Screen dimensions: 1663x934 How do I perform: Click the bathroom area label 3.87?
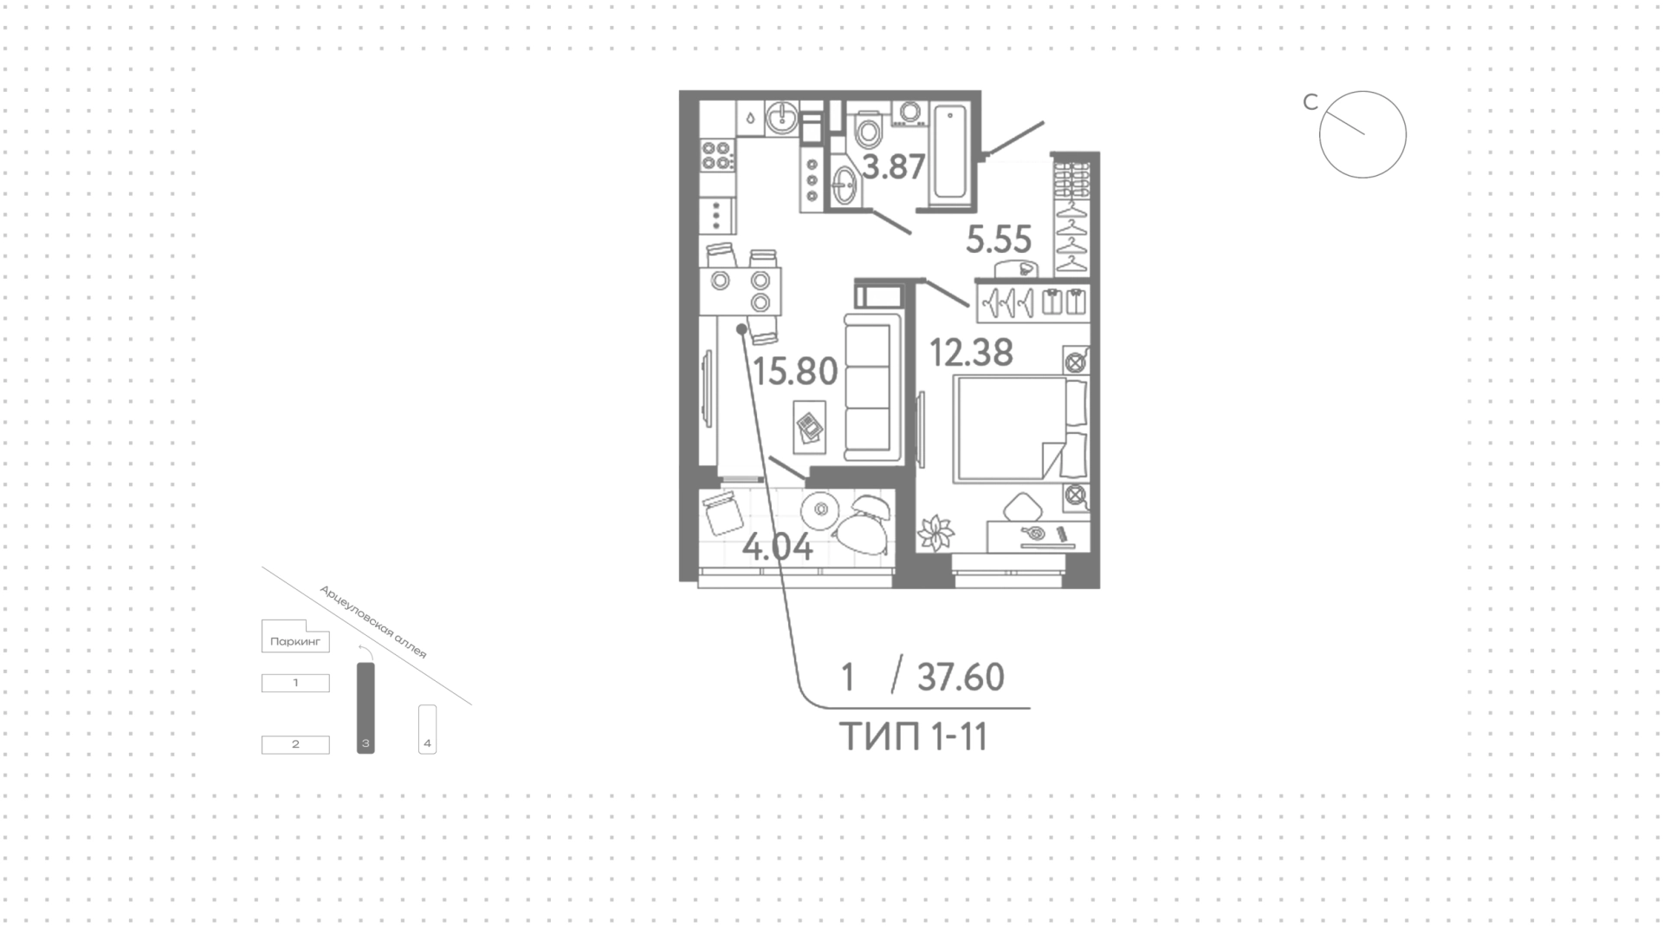tap(894, 166)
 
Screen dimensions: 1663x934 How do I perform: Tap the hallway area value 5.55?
tap(999, 240)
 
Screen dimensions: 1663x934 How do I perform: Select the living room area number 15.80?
tap(795, 372)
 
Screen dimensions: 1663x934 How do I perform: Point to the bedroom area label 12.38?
tap(971, 353)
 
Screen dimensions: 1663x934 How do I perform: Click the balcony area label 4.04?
tap(778, 548)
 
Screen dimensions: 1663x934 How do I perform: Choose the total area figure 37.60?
tap(961, 677)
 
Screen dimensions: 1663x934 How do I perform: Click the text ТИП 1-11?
tap(914, 737)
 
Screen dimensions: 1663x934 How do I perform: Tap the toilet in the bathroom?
tap(866, 131)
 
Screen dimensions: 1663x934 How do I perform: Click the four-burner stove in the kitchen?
tap(718, 154)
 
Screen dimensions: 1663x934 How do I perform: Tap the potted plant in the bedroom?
tap(936, 532)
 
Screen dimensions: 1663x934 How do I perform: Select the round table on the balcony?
tap(819, 510)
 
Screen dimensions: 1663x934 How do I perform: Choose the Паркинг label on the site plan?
tap(295, 642)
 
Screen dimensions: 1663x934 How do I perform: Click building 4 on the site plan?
tap(427, 729)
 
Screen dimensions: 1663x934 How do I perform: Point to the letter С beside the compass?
tap(1310, 102)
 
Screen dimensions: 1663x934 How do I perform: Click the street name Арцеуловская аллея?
tap(373, 622)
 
